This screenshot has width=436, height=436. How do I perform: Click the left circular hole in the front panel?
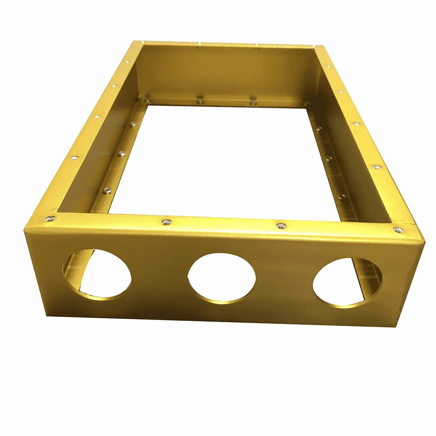(97, 273)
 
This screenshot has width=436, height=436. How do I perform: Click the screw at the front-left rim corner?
(51, 218)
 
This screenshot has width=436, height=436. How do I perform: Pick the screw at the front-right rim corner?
(397, 229)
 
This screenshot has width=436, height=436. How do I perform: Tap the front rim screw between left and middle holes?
(166, 222)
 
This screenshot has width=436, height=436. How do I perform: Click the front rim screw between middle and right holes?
(281, 225)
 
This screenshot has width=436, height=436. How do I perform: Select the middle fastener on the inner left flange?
(122, 153)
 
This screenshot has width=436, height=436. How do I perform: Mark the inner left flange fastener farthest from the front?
(133, 124)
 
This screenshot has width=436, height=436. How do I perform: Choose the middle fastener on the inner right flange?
(329, 159)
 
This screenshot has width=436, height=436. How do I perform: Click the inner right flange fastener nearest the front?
(341, 196)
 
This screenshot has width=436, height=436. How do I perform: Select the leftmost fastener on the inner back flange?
(147, 100)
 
